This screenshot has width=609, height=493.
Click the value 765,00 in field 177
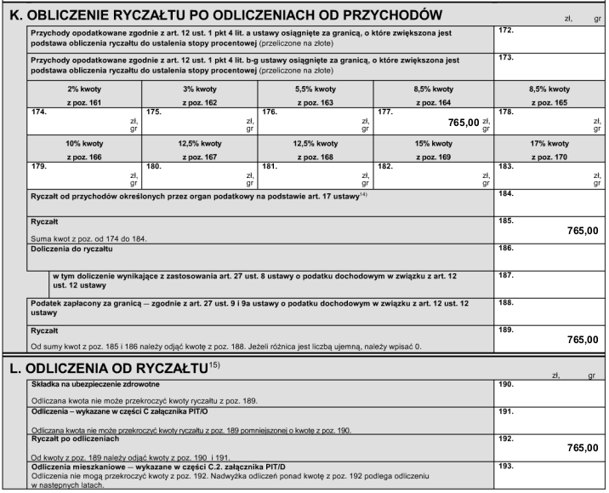click(x=464, y=123)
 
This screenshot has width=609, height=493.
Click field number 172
click(x=507, y=31)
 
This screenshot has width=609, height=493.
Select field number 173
click(x=507, y=58)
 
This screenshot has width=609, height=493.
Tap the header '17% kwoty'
click(x=549, y=143)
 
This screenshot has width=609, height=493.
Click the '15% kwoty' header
click(x=434, y=143)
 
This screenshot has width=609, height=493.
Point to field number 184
click(x=507, y=194)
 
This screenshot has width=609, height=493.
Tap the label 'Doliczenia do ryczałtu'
click(x=71, y=249)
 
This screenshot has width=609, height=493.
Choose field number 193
click(x=507, y=467)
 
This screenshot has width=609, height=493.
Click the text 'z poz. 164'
click(x=434, y=102)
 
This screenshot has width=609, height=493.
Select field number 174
click(x=38, y=112)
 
